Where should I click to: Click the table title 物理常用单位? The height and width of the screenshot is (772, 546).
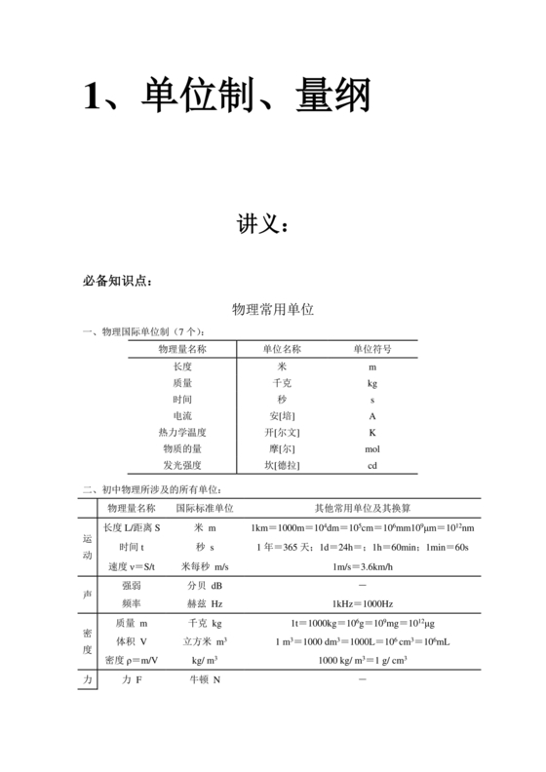click(x=272, y=309)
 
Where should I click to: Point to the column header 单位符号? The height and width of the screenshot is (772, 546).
click(x=371, y=349)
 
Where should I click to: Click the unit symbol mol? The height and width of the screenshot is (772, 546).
click(x=371, y=448)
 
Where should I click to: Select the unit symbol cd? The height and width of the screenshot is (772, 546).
click(x=371, y=465)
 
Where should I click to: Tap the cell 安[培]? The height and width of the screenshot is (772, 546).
click(x=281, y=415)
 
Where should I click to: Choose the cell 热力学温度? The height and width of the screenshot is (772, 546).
click(x=182, y=432)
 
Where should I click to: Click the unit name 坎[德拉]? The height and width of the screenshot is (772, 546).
click(x=281, y=465)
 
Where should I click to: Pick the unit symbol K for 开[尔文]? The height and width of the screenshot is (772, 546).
click(x=371, y=432)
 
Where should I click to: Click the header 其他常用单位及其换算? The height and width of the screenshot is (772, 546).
click(x=362, y=508)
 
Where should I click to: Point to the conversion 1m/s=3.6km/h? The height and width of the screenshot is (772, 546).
click(x=362, y=566)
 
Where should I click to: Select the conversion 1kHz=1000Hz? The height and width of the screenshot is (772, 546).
click(x=362, y=603)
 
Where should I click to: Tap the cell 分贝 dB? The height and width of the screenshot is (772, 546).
click(x=204, y=586)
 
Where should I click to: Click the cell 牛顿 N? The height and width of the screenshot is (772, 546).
click(x=204, y=678)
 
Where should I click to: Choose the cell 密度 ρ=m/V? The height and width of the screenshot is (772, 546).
click(x=132, y=660)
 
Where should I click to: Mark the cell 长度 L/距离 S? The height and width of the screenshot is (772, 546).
click(x=132, y=528)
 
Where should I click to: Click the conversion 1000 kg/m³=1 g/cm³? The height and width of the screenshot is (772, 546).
click(x=362, y=660)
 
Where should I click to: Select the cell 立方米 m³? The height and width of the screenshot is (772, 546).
click(x=204, y=641)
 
